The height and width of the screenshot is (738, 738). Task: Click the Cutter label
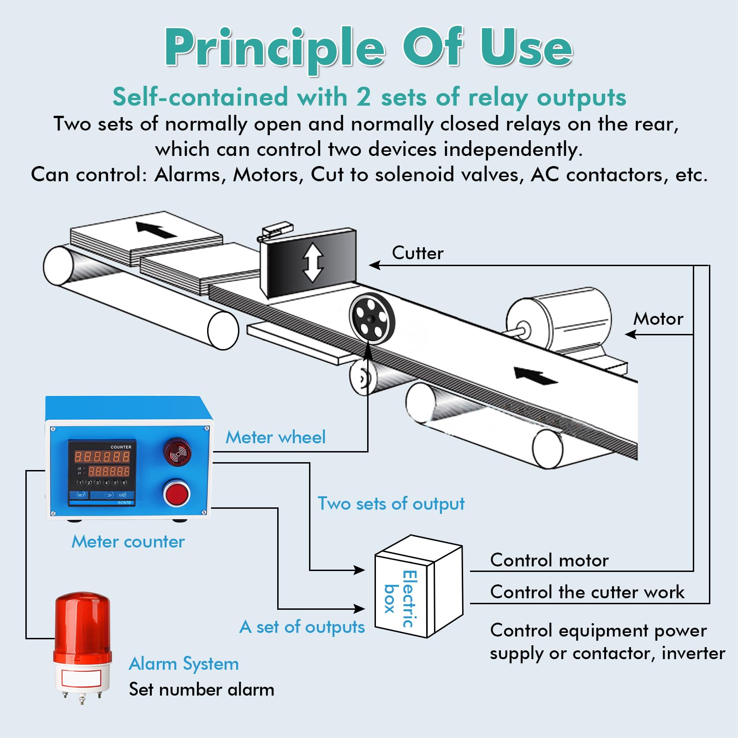pos(417,253)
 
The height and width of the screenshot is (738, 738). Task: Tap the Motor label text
pos(658,319)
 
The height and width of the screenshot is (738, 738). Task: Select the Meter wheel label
pos(275,437)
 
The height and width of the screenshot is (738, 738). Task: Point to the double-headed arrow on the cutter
pos(313,262)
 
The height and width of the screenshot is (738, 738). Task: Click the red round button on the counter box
pos(177,493)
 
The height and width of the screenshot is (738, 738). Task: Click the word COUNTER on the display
pos(121,447)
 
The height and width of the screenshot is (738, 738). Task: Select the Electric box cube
pos(418,587)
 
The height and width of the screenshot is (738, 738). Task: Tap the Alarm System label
pos(184,664)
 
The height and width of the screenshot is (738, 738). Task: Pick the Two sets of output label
pos(391,504)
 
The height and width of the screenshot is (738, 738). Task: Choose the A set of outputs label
pos(302,627)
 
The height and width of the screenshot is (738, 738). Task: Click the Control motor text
pos(549,560)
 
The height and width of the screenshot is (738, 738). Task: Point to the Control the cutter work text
pos(587,592)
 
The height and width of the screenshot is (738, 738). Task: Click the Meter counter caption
pos(128,542)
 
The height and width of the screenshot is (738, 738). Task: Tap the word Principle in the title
pos(274,48)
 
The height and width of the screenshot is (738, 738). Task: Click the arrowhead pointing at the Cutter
pos(375,265)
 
